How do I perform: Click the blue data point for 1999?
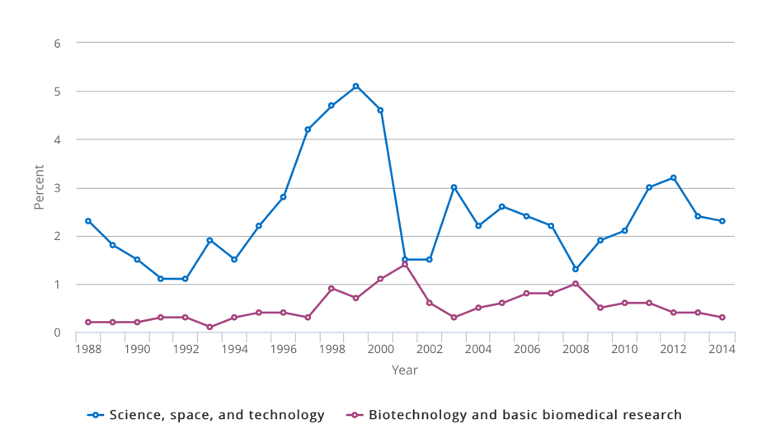point(356,86)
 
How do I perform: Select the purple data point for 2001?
point(405,264)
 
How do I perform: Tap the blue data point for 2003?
point(454,187)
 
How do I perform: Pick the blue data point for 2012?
point(673,177)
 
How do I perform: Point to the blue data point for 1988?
point(88,221)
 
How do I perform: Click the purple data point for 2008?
point(576,284)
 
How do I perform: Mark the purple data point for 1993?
point(209,327)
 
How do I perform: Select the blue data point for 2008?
point(576,269)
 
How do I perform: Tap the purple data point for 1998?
point(332,289)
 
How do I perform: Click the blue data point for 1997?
point(308,130)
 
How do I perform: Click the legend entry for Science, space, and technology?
point(206,415)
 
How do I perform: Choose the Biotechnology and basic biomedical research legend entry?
point(515,415)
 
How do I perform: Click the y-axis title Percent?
point(39,187)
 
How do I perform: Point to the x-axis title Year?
point(405,370)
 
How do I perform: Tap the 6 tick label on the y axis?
point(57,43)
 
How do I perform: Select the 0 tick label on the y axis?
point(57,332)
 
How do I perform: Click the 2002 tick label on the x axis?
point(429,349)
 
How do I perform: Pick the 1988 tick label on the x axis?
point(88,349)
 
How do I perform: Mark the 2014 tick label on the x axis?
point(722,349)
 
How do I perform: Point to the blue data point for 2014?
point(722,221)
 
